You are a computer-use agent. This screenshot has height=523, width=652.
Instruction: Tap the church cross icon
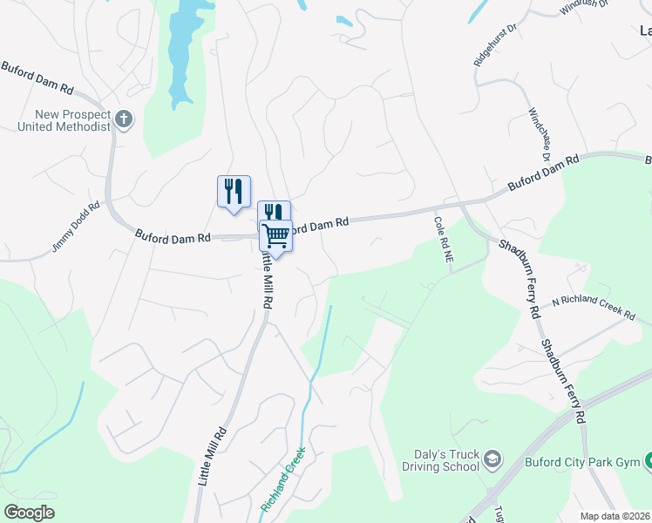tap(124, 119)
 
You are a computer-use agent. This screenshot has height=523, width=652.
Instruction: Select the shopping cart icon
tap(275, 234)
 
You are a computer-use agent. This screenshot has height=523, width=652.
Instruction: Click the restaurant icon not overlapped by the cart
tap(234, 191)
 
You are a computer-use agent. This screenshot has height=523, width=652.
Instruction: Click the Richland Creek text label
tap(282, 479)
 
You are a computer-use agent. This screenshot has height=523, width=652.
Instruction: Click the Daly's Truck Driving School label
tap(446, 459)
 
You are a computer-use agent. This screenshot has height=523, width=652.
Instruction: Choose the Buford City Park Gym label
tap(581, 461)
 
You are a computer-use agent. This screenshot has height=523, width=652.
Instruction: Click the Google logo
tap(29, 513)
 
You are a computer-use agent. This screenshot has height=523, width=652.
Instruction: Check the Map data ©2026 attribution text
tap(615, 516)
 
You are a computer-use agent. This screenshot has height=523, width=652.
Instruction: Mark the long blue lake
tap(181, 52)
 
